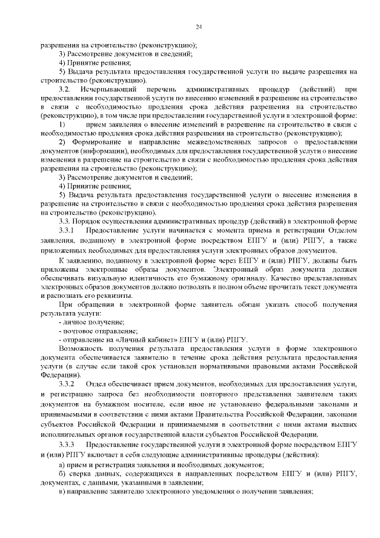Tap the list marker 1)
coord(62,124)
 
